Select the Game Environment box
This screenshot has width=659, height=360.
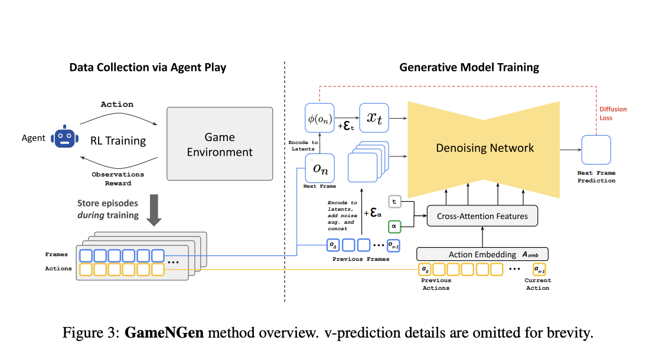[220, 144]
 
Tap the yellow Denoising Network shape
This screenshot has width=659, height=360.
[484, 148]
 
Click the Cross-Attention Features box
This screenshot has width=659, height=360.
[482, 216]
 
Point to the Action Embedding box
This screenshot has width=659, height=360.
[482, 254]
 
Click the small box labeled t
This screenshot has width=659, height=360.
[395, 202]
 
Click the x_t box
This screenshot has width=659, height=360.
[374, 117]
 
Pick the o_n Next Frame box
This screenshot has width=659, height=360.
[319, 168]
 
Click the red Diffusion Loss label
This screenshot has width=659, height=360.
[613, 113]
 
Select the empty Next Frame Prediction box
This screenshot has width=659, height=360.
[596, 150]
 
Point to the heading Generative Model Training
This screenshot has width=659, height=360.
[469, 67]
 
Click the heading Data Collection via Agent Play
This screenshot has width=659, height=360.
[148, 67]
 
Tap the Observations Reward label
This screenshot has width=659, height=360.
[118, 179]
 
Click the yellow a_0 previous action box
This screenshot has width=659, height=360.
[425, 270]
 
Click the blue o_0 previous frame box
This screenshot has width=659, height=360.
[334, 244]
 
